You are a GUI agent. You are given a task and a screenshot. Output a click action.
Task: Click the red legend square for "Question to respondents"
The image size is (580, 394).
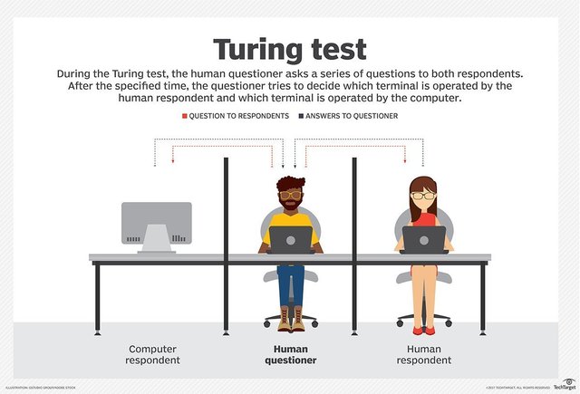185,117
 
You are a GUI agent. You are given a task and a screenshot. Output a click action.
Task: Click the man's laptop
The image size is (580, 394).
290,239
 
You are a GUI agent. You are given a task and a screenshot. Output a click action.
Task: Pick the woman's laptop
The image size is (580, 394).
424,239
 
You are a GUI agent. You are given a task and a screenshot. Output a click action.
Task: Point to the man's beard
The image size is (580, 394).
290,202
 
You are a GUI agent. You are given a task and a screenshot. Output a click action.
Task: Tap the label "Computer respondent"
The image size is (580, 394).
154,354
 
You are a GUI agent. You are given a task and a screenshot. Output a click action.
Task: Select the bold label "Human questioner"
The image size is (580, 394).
290,354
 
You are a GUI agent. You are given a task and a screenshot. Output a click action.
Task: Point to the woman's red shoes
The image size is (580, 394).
423,329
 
